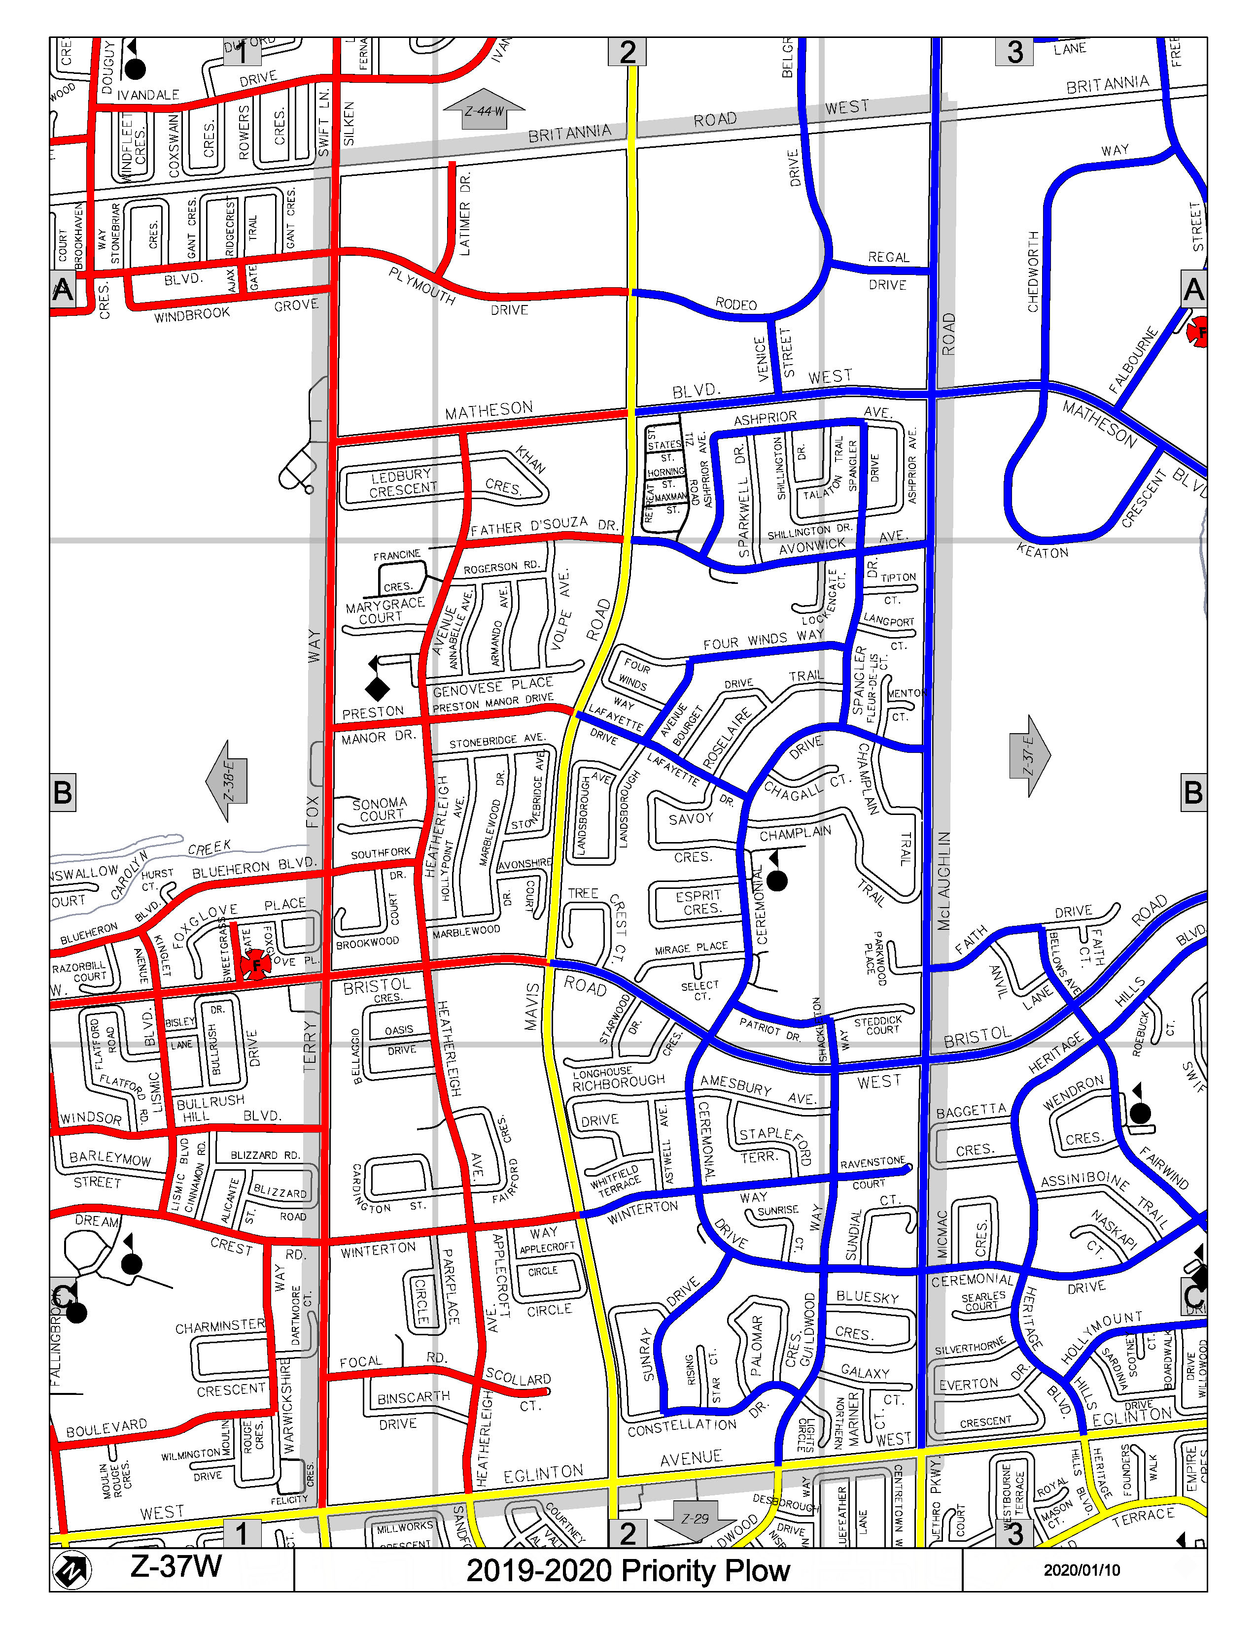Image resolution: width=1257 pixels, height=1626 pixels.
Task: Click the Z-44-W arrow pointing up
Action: [x=484, y=109]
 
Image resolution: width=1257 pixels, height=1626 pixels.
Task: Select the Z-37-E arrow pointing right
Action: [x=1030, y=756]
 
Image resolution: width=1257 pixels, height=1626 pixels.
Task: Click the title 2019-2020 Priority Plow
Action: [x=627, y=1570]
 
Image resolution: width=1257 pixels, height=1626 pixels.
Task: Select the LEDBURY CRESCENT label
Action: [x=403, y=482]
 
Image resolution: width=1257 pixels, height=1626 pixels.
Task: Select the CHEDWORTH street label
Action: [x=1033, y=272]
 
